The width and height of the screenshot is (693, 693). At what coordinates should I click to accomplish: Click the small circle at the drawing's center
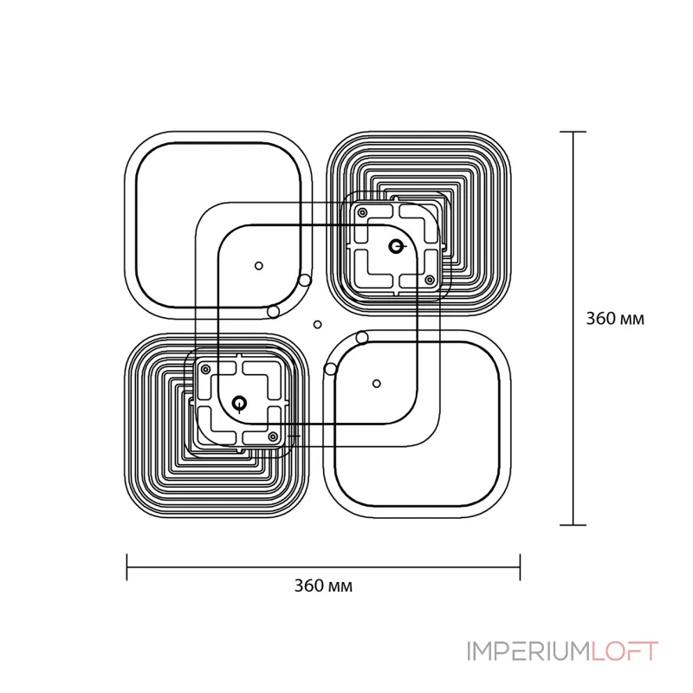point(317,325)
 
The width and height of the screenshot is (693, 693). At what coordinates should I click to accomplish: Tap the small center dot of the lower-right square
point(376,382)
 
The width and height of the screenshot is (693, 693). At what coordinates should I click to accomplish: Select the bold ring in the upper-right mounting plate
point(396,246)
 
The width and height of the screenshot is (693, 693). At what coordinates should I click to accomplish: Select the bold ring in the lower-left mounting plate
point(238,402)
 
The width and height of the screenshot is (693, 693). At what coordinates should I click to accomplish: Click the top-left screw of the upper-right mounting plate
point(362,212)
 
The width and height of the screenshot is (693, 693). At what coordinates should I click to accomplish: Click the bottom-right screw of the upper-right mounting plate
point(429,280)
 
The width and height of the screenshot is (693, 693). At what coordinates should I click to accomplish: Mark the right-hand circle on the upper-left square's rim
point(304,280)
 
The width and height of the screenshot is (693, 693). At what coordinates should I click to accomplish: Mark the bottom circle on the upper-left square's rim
point(273,311)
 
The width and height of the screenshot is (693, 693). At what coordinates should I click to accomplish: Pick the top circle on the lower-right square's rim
point(362,337)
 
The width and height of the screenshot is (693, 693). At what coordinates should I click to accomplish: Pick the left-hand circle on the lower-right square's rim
point(330,370)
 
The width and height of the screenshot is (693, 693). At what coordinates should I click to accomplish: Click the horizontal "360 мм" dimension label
point(324,585)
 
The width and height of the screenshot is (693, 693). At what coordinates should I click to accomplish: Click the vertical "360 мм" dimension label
point(614,318)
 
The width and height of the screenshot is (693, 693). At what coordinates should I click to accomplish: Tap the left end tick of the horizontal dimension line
point(128,567)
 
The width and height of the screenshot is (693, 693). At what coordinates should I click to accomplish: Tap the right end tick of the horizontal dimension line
point(520,567)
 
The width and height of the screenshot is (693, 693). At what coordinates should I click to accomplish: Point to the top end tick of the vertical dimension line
point(573,132)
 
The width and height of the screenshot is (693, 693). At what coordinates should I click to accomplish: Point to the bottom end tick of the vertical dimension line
point(573,524)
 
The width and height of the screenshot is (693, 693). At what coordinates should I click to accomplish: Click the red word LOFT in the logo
point(626,651)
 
